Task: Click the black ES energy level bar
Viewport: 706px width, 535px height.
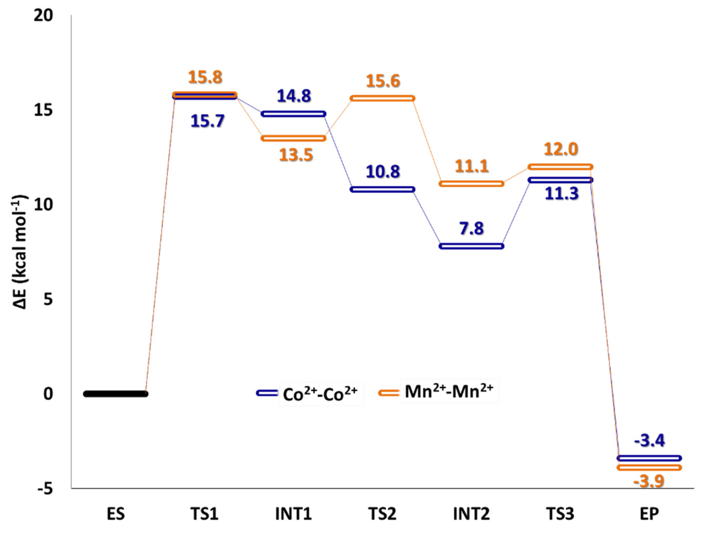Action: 116,394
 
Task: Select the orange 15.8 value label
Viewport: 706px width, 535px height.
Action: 205,77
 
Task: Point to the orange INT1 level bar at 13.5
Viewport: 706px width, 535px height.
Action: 293,138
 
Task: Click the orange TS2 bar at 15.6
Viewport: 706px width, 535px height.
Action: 382,98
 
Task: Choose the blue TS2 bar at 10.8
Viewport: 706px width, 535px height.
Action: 382,189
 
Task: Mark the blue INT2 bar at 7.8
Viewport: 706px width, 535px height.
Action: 471,246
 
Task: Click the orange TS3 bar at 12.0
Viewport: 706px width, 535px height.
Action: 561,167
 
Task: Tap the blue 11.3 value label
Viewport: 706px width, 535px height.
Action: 561,194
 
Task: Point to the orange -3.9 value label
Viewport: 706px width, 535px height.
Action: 649,481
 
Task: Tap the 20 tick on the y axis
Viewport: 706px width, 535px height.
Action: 43,16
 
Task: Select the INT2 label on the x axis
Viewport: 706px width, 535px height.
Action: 471,514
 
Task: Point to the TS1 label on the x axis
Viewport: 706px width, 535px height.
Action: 205,514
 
